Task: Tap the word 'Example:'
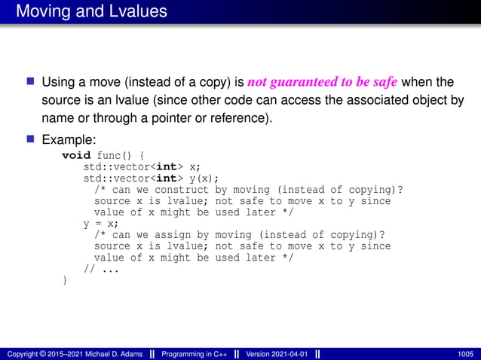coord(69,140)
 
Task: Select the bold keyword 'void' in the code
coord(75,155)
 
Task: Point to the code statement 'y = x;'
coord(100,224)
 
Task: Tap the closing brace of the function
coord(64,280)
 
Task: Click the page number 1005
coord(466,353)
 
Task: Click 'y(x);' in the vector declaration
coord(201,178)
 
